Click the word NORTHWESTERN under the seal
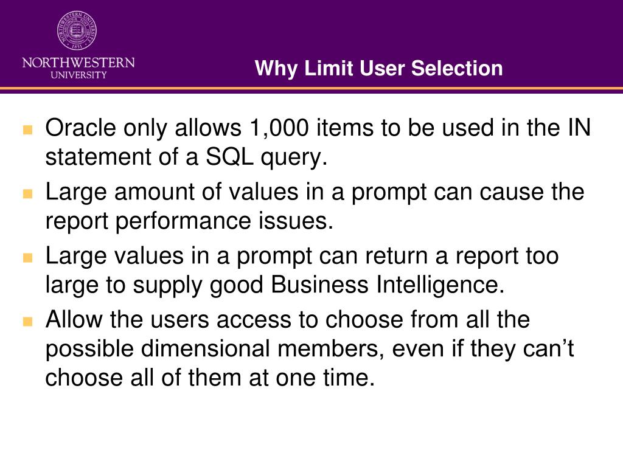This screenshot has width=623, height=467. (78, 63)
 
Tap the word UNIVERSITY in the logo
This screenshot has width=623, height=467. (78, 75)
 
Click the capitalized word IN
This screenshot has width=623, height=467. (578, 128)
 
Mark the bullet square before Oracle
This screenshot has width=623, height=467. (27, 130)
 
